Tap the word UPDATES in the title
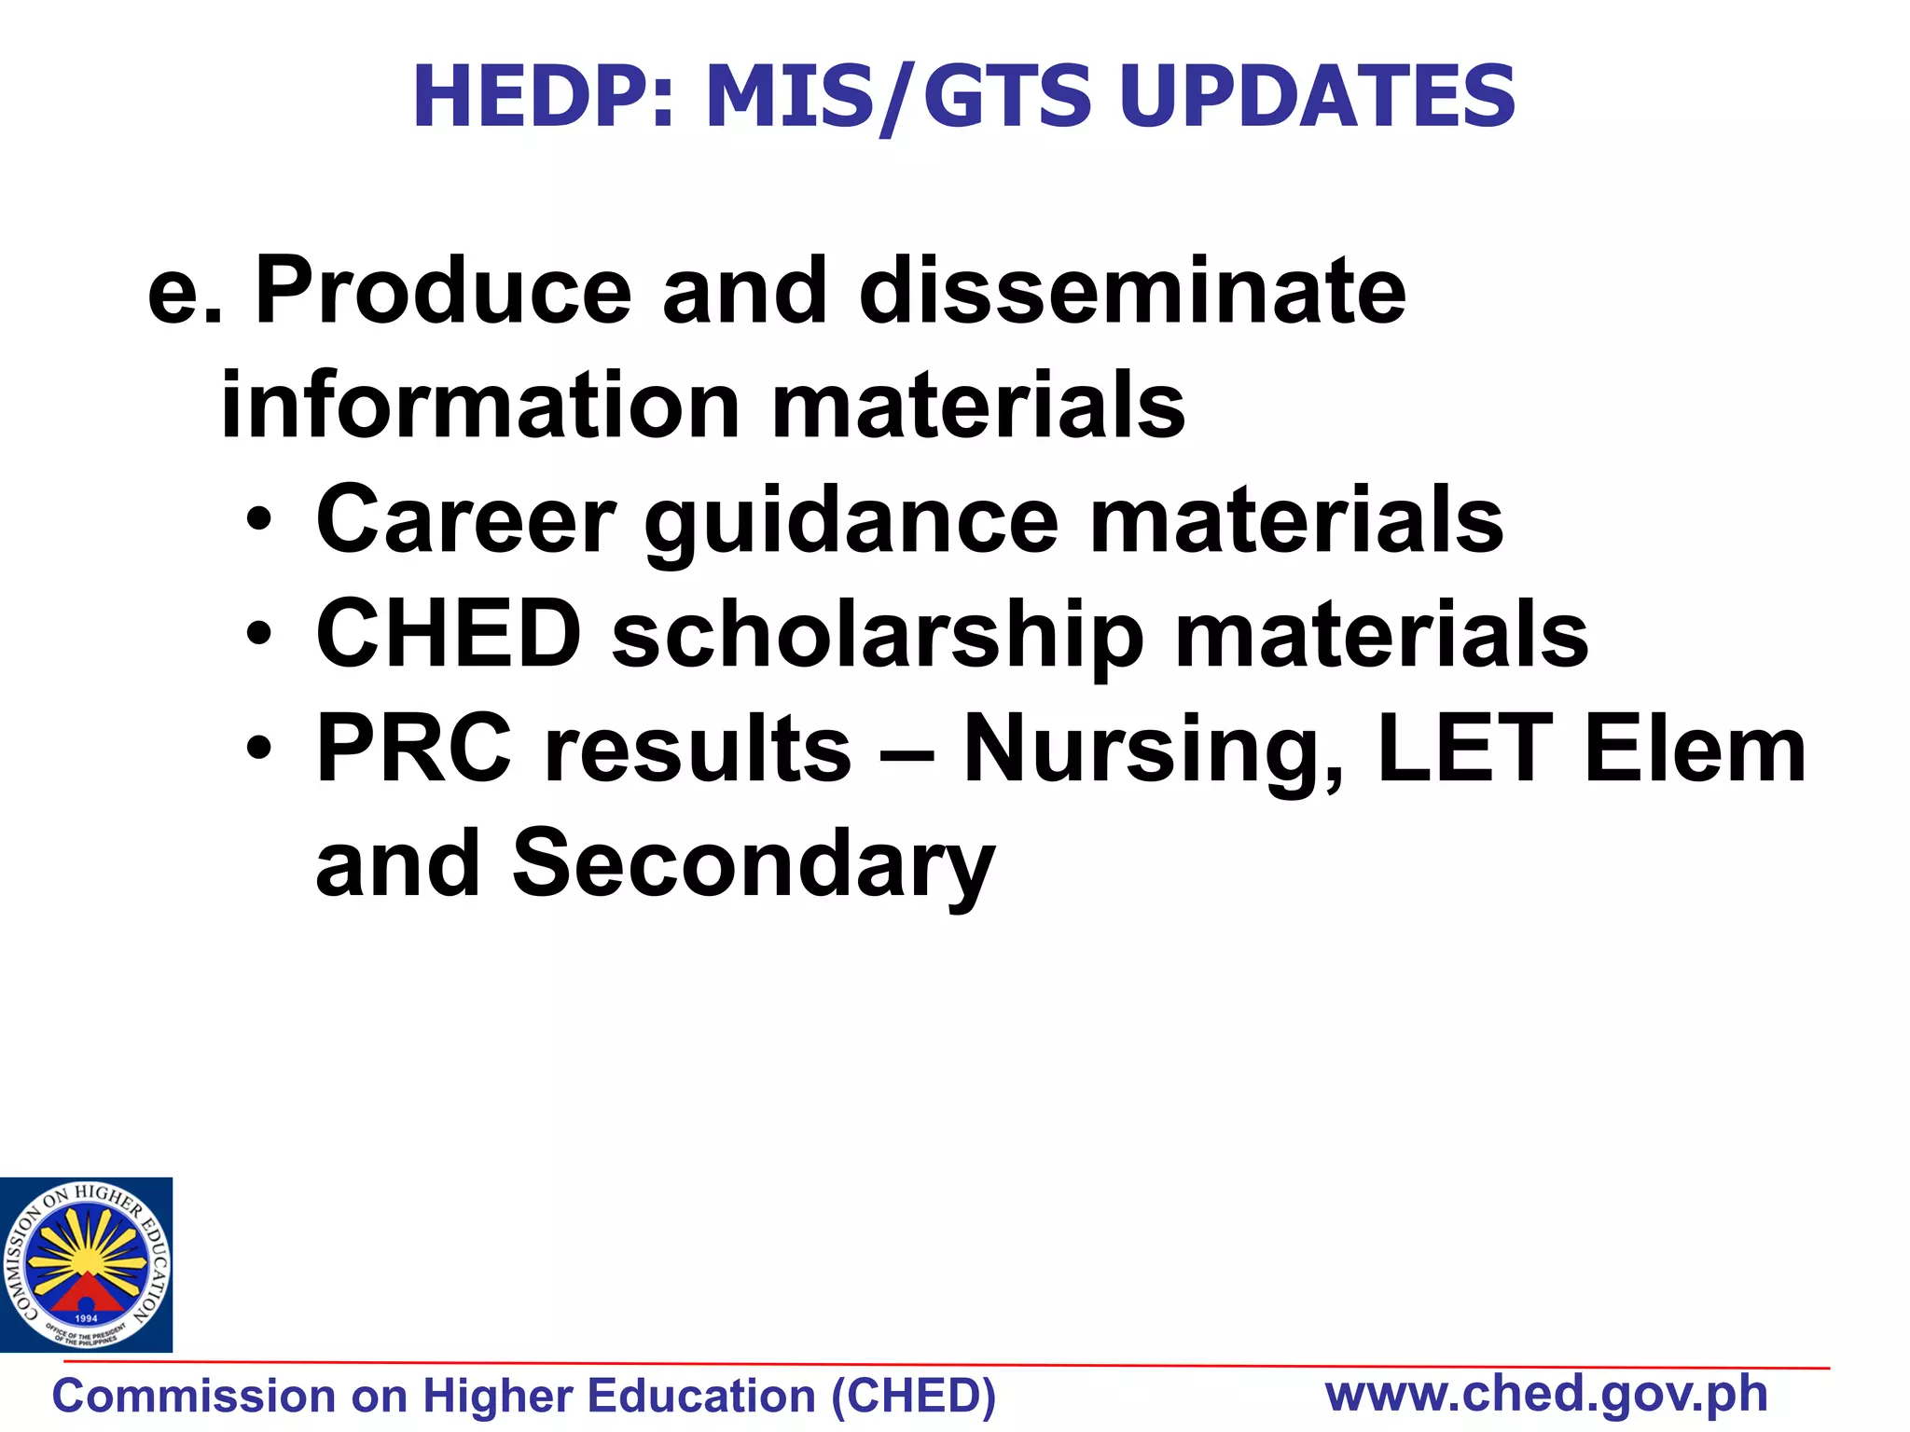point(1316,96)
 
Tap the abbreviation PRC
point(414,749)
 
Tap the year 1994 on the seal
point(86,1318)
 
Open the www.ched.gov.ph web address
point(1546,1395)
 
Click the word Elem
point(1695,749)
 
